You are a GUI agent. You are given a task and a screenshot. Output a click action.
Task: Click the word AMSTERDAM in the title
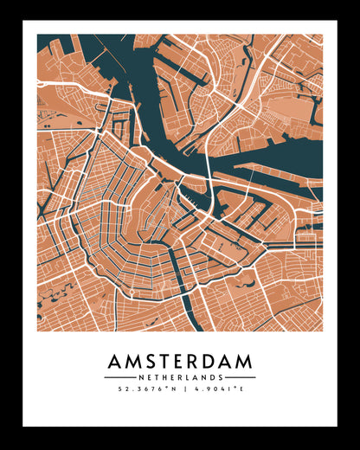click(180, 361)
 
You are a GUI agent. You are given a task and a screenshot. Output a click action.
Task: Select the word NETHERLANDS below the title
click(180, 377)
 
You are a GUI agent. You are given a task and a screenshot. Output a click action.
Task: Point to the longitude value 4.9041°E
click(216, 389)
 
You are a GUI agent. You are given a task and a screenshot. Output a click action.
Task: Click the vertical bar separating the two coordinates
click(180, 389)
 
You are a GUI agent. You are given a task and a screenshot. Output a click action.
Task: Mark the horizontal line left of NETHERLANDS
click(119, 377)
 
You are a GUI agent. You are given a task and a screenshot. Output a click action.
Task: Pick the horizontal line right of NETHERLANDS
click(240, 377)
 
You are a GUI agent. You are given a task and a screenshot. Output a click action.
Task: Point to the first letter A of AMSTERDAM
click(116, 361)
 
